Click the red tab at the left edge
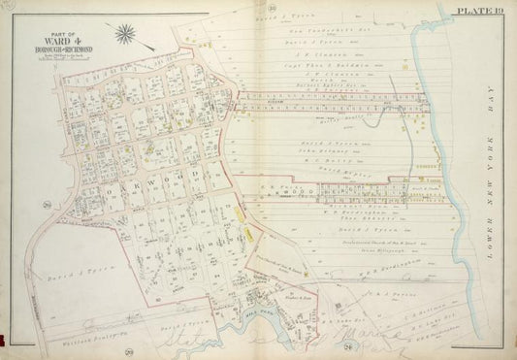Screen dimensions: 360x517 [x=3, y=340]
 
